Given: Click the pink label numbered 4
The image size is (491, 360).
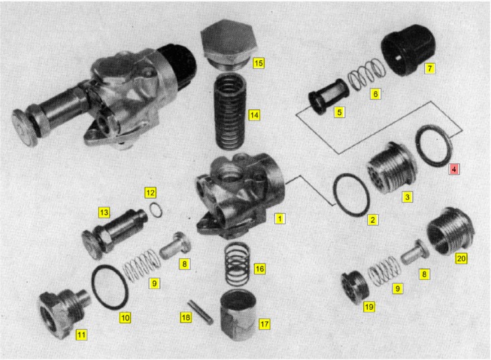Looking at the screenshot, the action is point(454,169).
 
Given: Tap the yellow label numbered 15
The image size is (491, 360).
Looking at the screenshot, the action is point(258,64).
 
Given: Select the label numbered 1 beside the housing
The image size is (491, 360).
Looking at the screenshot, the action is point(280,218).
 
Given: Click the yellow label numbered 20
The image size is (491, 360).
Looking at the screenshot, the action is point(461,258).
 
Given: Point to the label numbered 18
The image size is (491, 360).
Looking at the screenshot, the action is point(186,318).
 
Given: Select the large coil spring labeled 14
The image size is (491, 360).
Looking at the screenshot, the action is point(230,112).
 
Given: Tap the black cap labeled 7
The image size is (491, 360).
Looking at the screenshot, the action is point(407,50).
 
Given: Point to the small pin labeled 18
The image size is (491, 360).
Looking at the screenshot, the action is point(201,312).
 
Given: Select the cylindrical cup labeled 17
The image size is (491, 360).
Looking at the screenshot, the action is point(238,315).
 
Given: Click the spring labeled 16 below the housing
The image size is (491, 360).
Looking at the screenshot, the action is point(237,264).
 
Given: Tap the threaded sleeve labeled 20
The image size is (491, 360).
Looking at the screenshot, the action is point(450,232).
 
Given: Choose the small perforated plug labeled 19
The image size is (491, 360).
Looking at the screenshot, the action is point(355,288).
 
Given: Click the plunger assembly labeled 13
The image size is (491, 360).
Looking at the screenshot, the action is point(114,232).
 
